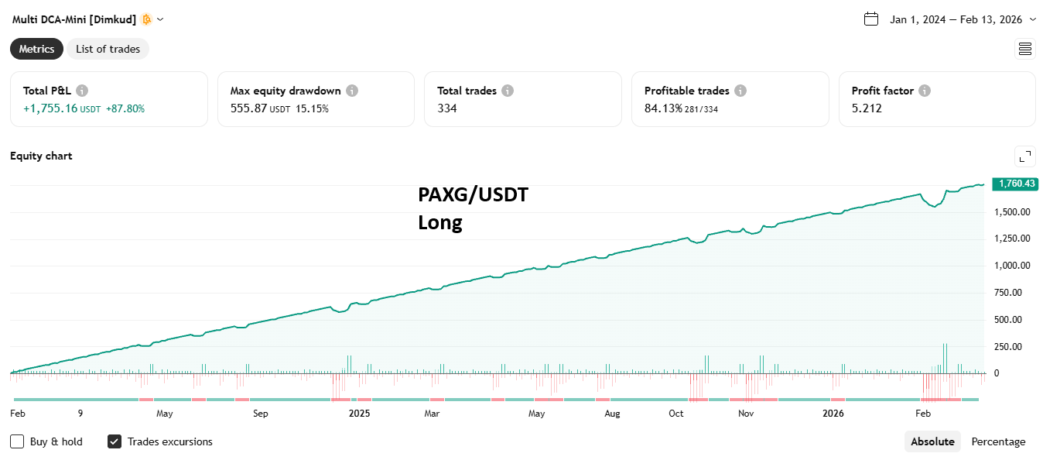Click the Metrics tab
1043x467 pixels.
click(36, 49)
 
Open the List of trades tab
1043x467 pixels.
click(108, 49)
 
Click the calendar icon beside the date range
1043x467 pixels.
click(871, 19)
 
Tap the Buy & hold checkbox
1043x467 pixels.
click(17, 441)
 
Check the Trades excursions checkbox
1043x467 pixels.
click(115, 441)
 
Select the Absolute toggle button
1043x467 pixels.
click(932, 441)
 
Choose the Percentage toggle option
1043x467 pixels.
click(998, 441)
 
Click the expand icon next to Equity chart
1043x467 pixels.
click(1025, 156)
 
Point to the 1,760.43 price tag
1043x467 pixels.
click(1015, 184)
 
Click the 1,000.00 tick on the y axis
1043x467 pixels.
click(1012, 266)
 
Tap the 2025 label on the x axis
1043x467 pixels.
click(359, 414)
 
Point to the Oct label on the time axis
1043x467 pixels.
click(676, 414)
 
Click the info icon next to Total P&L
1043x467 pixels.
click(82, 91)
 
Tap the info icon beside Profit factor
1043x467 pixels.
click(925, 91)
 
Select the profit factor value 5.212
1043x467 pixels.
click(867, 108)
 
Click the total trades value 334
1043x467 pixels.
click(447, 108)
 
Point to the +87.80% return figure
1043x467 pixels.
click(125, 108)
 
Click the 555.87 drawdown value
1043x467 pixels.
click(248, 108)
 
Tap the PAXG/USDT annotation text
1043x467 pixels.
click(473, 195)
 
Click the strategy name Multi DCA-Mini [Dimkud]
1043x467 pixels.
click(74, 19)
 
